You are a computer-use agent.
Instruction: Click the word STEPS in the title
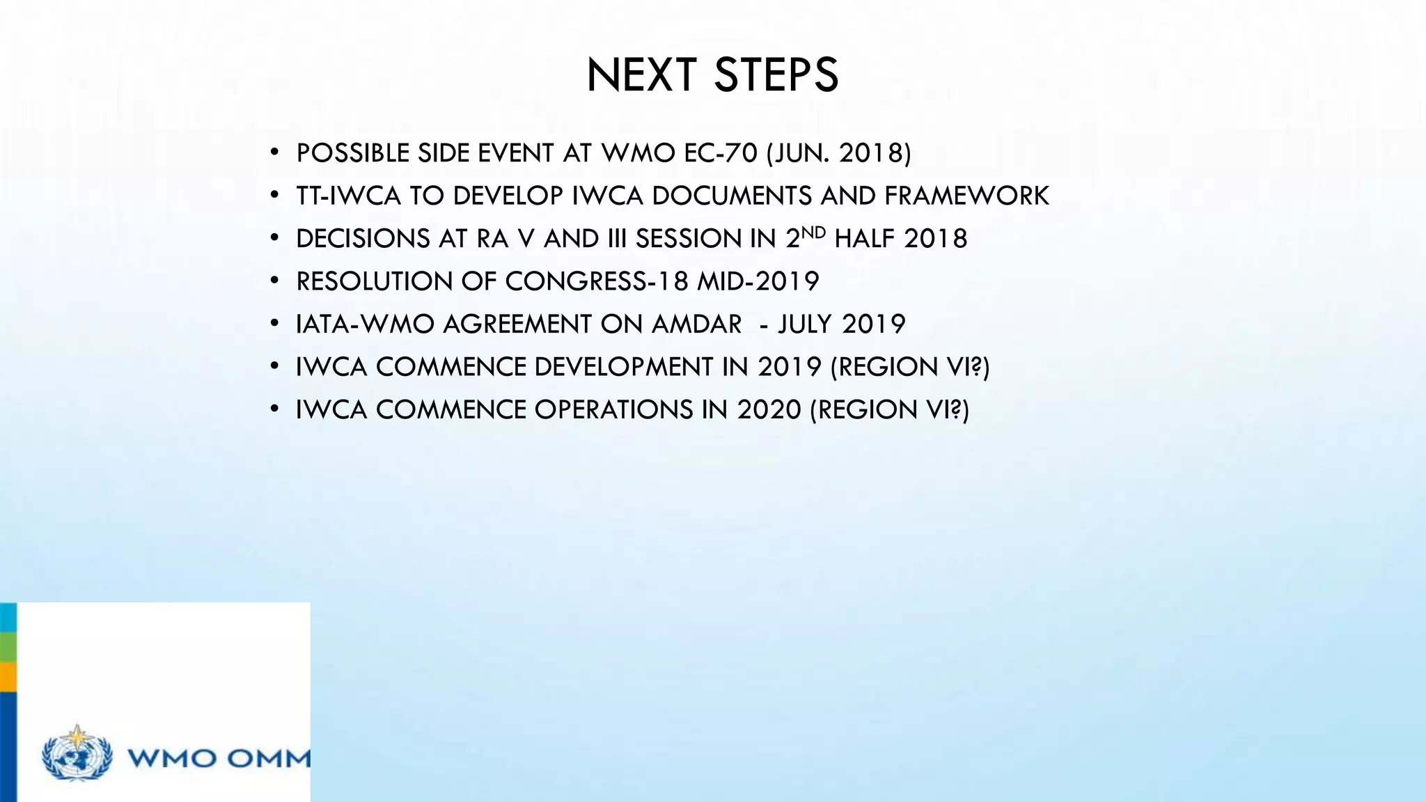[776, 75]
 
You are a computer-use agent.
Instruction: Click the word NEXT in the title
[641, 75]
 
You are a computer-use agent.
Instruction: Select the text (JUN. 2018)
[838, 153]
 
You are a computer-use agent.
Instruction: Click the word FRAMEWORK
[966, 196]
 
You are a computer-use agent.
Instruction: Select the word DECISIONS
[363, 239]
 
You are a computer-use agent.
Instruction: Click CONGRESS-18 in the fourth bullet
[596, 281]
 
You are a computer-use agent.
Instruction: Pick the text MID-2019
[758, 281]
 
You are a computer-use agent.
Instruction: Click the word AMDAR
[696, 324]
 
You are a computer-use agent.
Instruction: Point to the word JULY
[806, 324]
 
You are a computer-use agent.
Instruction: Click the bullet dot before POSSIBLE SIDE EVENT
[275, 153]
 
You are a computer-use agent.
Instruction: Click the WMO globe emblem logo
[77, 753]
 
